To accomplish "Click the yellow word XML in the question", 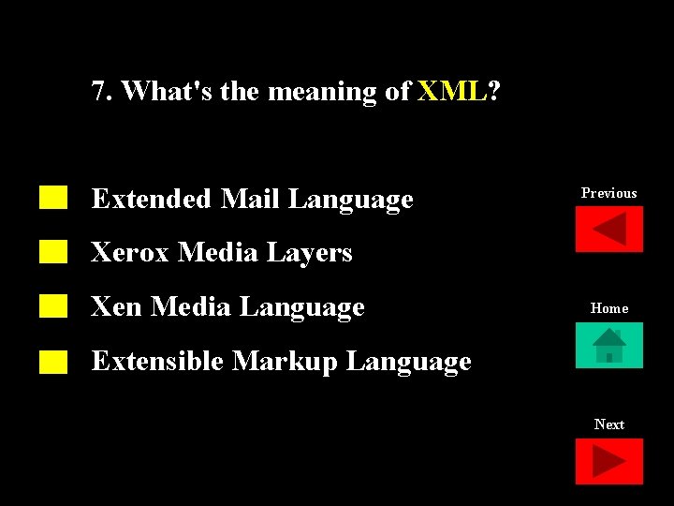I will pos(452,91).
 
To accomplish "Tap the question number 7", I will pos(98,91).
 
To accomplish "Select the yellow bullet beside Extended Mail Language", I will pos(53,197).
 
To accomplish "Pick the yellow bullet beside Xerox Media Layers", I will pos(53,251).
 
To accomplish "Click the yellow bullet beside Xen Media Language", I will pos(53,305).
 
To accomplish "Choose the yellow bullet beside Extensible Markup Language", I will pos(53,361).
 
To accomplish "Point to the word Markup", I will pos(285,362).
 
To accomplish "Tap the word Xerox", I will pos(130,252).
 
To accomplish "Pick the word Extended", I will pos(151,199).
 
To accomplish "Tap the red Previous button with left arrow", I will pos(608,229).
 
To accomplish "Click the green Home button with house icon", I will pos(608,345).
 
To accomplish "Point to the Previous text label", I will pos(608,193).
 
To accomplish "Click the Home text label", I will pos(608,308).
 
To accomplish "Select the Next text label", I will pos(608,424).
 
